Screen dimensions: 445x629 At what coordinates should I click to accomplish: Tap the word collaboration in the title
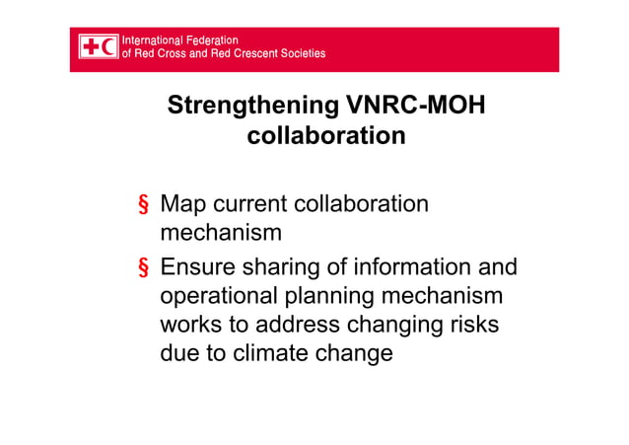click(x=325, y=136)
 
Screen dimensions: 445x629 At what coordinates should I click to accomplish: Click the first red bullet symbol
click(x=143, y=206)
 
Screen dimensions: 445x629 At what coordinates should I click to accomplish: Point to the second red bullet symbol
click(x=143, y=267)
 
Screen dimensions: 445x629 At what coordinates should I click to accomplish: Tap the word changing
click(x=394, y=325)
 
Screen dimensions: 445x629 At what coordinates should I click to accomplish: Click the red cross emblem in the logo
click(x=91, y=46)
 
